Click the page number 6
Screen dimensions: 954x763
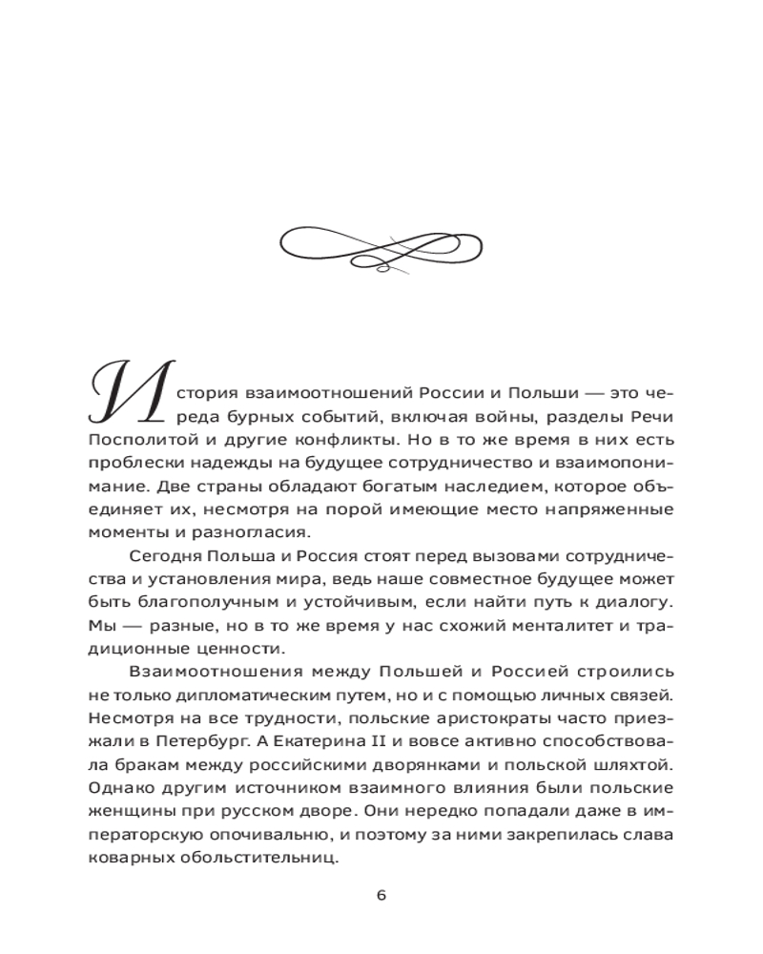(x=381, y=895)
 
